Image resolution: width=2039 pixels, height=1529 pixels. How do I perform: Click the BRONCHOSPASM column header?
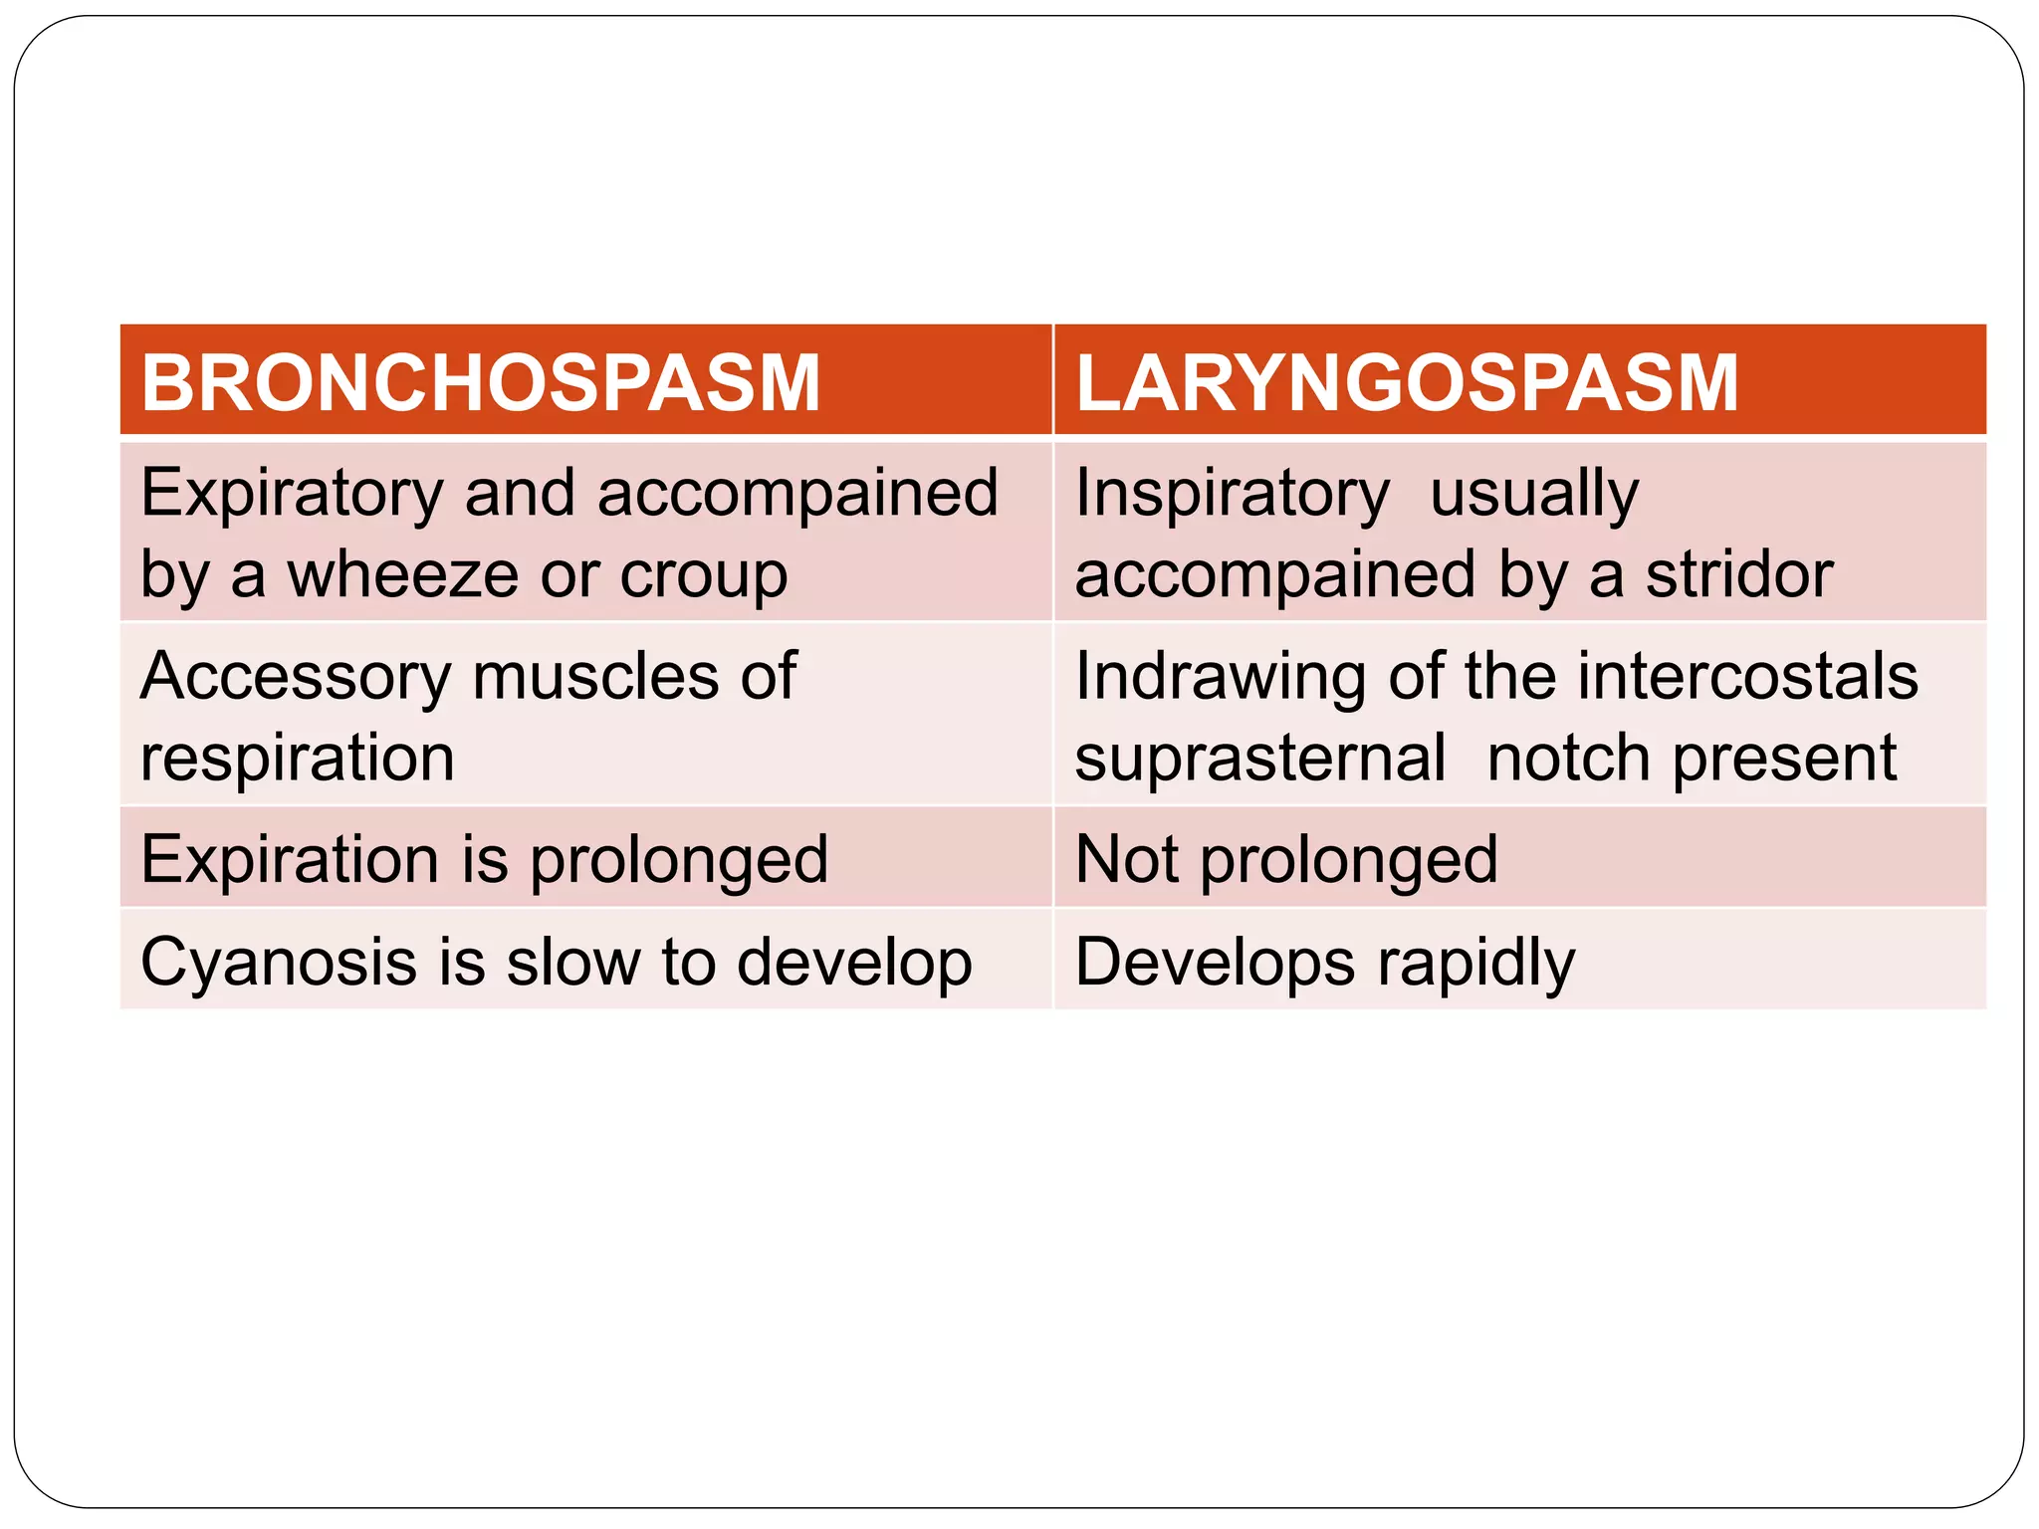(481, 383)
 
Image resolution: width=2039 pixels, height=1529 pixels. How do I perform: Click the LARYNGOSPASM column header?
(1407, 383)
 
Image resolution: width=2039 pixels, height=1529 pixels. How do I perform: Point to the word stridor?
(1738, 575)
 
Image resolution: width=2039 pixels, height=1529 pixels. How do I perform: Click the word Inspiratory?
(1232, 494)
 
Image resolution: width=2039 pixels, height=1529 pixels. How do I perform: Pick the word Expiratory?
(292, 494)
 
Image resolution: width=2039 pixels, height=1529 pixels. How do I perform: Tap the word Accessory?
(296, 677)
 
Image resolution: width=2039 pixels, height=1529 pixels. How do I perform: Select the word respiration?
(298, 759)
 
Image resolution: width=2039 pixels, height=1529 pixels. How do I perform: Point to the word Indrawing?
(1221, 677)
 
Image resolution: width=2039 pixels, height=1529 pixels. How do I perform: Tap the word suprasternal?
(1260, 759)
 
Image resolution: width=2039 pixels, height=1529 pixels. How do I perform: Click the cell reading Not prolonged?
(1286, 860)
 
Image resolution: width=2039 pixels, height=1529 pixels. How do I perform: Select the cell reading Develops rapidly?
(1325, 963)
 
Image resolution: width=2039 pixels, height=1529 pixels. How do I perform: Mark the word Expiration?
(290, 860)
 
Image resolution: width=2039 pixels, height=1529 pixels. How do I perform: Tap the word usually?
(1534, 494)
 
